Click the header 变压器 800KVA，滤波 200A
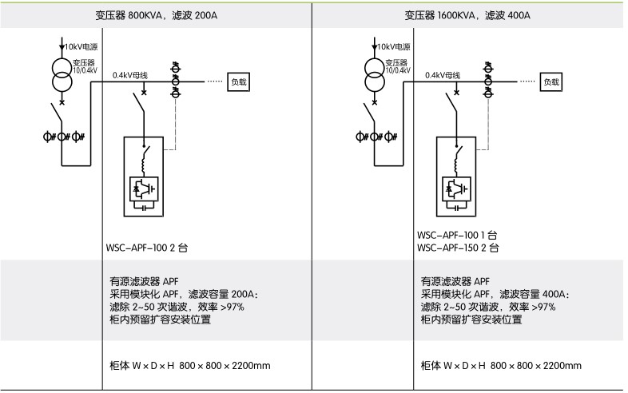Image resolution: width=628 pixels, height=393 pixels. click(x=156, y=15)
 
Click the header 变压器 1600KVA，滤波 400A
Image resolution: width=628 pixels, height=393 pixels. click(x=467, y=15)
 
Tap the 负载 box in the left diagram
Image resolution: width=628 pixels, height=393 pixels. click(x=239, y=81)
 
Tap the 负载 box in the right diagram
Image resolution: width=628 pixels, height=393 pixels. click(x=550, y=81)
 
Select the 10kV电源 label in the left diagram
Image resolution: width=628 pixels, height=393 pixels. click(x=82, y=47)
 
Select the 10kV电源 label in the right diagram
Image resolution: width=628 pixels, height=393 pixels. click(x=394, y=47)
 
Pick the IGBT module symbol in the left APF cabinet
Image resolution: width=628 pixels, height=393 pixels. click(x=145, y=188)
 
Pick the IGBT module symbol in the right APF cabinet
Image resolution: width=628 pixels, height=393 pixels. click(x=456, y=188)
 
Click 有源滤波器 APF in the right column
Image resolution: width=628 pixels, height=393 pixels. click(x=455, y=281)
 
